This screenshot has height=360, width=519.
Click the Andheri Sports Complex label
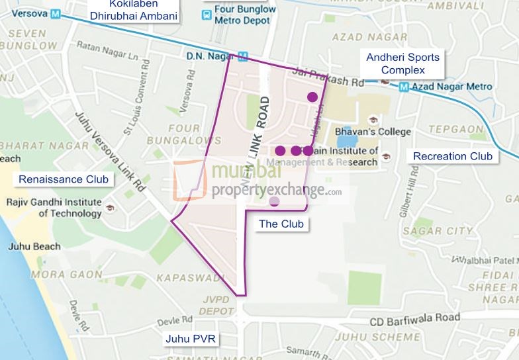(402, 64)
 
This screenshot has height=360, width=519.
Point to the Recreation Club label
(453, 156)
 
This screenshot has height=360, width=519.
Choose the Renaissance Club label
(64, 179)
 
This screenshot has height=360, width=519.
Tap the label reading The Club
(281, 224)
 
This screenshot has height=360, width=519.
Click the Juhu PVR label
(191, 339)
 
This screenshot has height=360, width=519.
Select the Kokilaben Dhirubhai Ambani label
(139, 9)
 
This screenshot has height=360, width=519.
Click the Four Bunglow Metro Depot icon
(208, 13)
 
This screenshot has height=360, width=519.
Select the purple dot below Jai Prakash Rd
(312, 97)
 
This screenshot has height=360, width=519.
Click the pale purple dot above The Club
(274, 201)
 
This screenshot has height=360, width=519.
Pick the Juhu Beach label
(34, 247)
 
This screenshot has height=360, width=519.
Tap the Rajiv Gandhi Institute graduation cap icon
(110, 208)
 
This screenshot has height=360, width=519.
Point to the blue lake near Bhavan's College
(348, 140)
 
